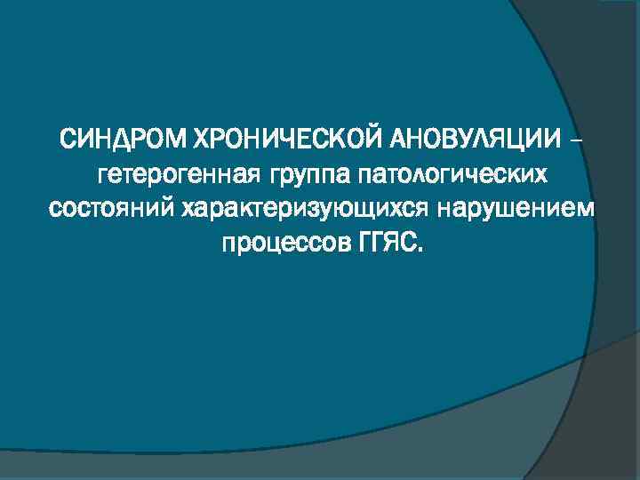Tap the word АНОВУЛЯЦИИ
pos(473,140)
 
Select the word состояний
pos(111,209)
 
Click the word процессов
pos(279,243)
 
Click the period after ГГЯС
pos(421,250)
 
